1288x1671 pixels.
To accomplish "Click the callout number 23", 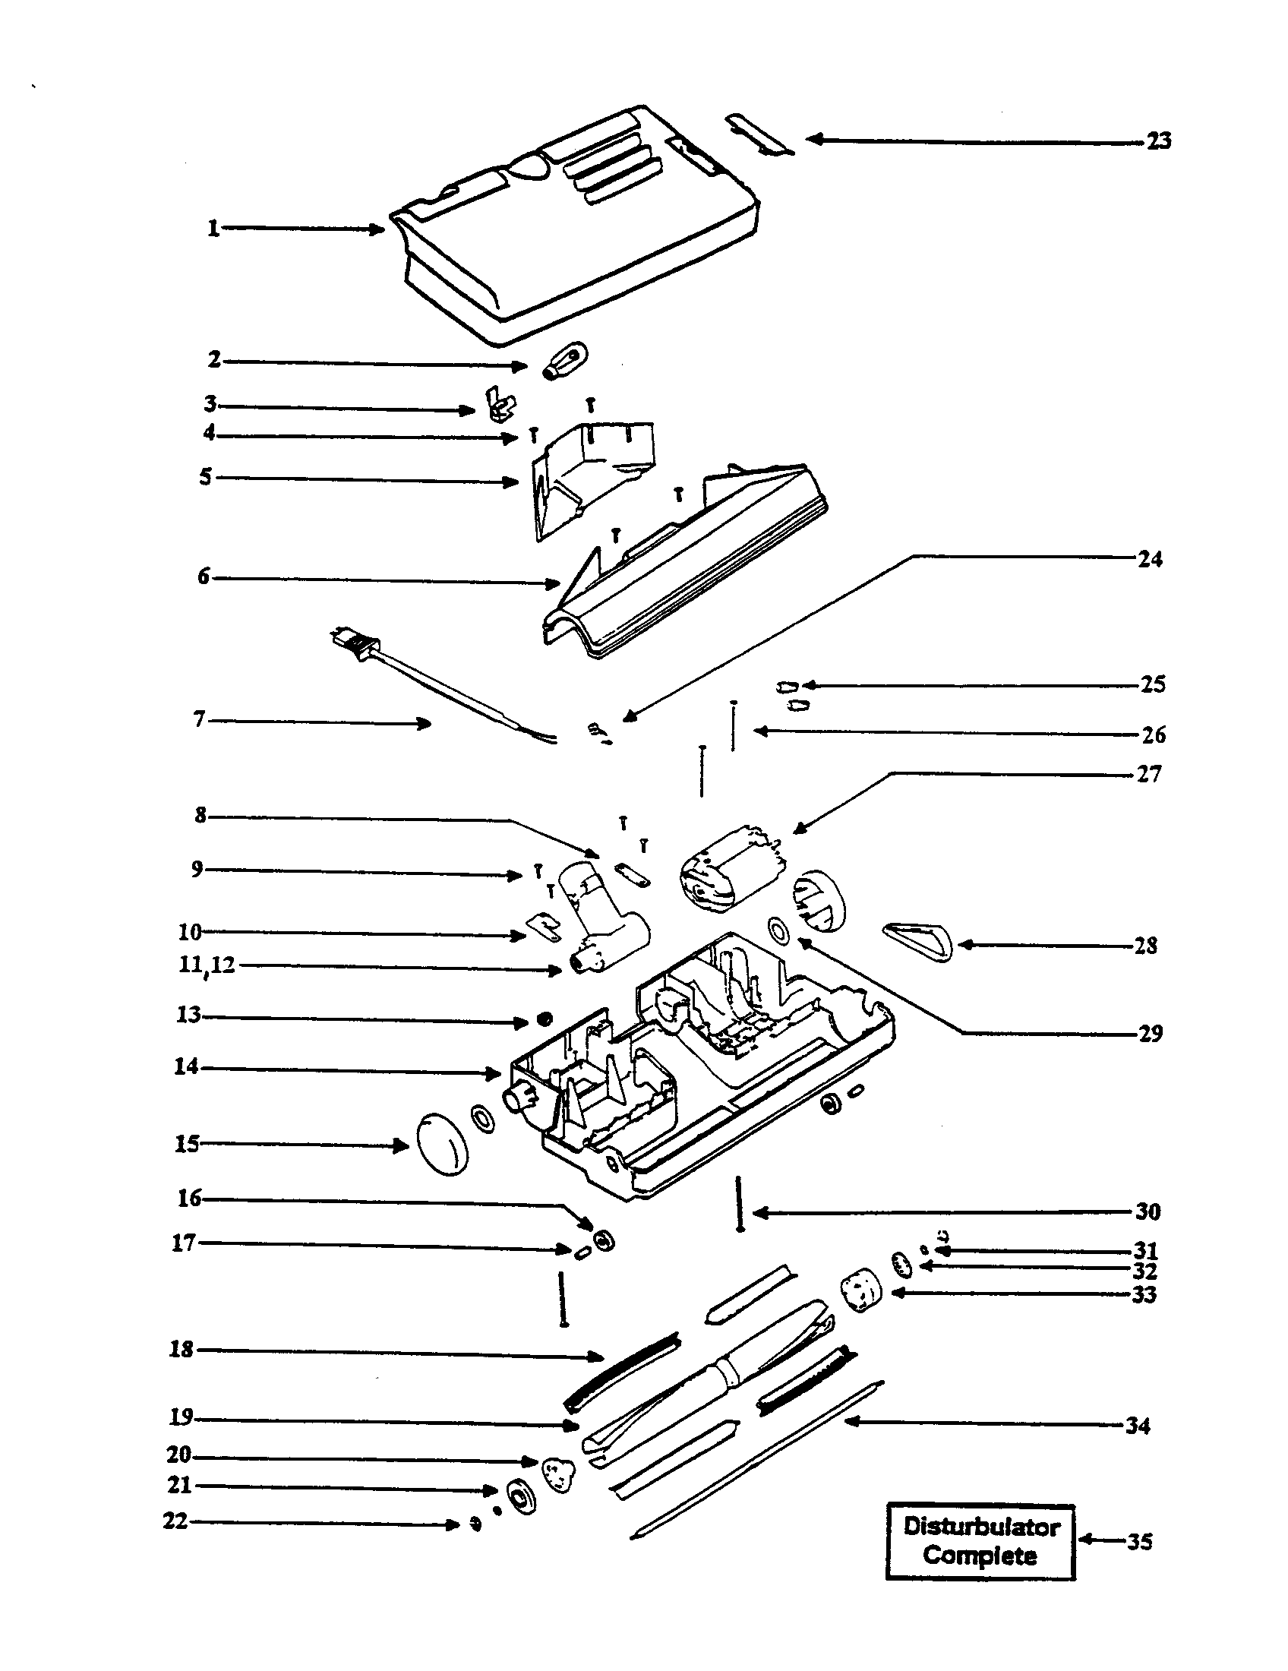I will pos(1158,141).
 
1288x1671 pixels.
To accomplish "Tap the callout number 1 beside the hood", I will pos(213,228).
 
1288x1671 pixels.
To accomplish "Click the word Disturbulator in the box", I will pos(981,1527).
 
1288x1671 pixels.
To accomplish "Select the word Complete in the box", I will pos(980,1556).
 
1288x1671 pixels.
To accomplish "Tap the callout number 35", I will pos(1139,1542).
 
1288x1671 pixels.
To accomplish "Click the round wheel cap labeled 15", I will pos(441,1145).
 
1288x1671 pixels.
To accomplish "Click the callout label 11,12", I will pos(206,965).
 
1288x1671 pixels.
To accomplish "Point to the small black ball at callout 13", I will pos(544,1019).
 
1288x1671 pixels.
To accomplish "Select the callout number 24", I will pos(1150,559).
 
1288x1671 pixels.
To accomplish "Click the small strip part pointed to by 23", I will pos(759,134).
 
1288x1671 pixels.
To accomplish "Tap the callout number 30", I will pos(1148,1211).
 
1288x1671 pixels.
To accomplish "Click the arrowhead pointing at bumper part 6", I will pos(554,584).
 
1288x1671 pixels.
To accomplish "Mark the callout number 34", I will pos(1138,1426).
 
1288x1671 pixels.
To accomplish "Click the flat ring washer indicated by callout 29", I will pos(778,931).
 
